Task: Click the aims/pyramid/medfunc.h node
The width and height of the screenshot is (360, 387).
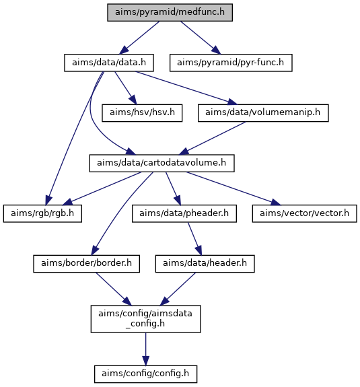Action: (170, 12)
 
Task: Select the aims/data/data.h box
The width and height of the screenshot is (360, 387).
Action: (109, 63)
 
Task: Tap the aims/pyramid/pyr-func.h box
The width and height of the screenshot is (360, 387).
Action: (231, 63)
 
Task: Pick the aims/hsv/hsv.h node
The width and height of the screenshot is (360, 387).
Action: (142, 113)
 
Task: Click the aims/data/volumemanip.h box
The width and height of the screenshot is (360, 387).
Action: (263, 113)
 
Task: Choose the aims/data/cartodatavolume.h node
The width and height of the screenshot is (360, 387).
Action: (161, 163)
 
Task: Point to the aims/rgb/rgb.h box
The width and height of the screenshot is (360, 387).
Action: (42, 213)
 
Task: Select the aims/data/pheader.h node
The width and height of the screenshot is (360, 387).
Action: (184, 213)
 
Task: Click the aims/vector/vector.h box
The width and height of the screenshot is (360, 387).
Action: (304, 213)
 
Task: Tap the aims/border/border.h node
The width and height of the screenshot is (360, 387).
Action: (86, 264)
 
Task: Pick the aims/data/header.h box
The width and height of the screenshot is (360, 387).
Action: (205, 264)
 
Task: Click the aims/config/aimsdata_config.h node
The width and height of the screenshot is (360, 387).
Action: (145, 319)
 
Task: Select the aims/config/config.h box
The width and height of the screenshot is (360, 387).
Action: (145, 374)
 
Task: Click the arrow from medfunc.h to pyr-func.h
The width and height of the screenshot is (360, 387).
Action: (201, 38)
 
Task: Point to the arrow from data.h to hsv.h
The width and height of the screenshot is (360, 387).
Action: (126, 88)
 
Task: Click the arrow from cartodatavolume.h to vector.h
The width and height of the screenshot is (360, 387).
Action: (234, 188)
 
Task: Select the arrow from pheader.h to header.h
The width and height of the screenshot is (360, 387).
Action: (195, 239)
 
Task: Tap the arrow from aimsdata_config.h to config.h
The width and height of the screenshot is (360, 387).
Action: (145, 349)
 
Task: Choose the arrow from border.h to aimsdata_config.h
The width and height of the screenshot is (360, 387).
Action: (114, 289)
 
